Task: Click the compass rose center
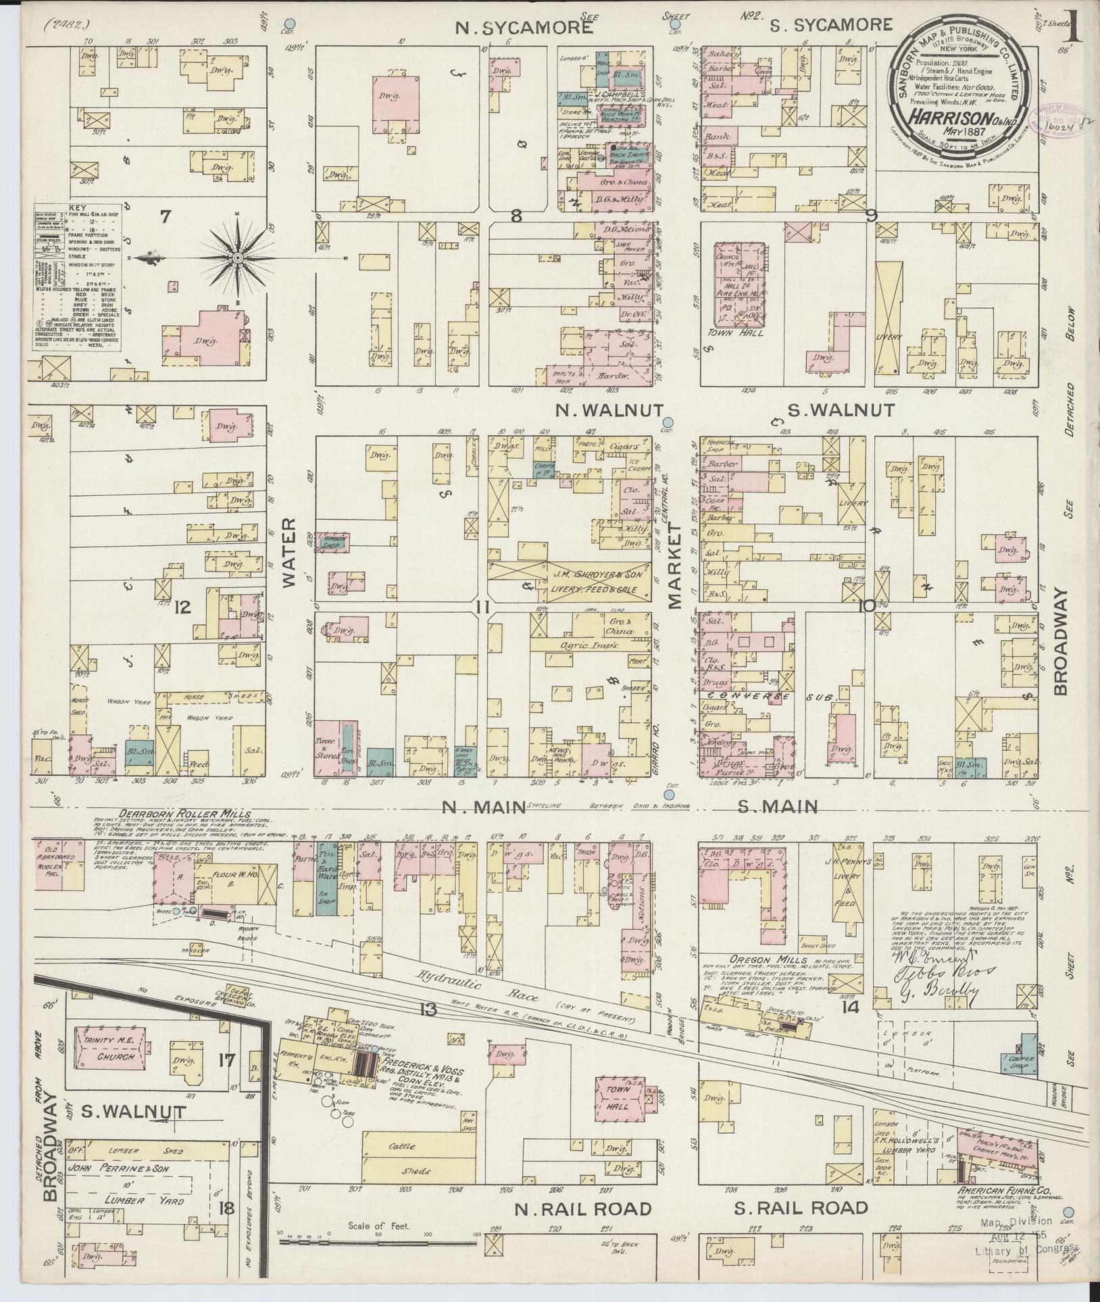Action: (x=238, y=258)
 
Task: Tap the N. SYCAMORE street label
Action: (x=524, y=28)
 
